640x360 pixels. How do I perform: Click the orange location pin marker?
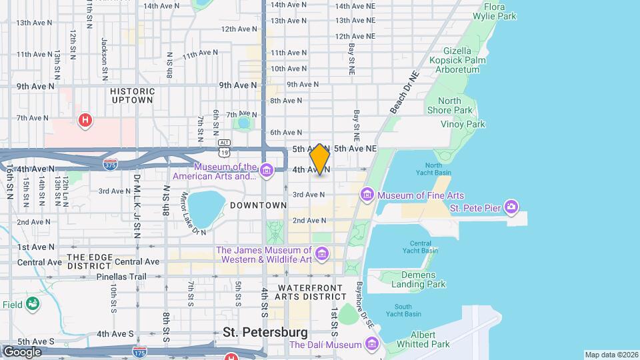tap(320, 159)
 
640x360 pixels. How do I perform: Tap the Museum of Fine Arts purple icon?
tap(367, 195)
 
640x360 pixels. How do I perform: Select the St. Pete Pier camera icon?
tap(511, 207)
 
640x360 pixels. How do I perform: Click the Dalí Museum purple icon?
tap(371, 345)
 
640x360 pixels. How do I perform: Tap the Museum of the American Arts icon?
tap(266, 171)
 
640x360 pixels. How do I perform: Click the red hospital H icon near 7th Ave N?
tap(85, 121)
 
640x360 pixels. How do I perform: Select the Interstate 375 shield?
tap(111, 163)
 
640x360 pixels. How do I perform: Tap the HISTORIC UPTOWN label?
tap(132, 95)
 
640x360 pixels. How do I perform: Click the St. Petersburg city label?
tap(265, 332)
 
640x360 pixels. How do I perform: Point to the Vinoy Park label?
tap(463, 124)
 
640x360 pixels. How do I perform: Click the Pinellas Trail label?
tap(121, 275)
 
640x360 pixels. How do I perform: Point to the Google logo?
tap(21, 351)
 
